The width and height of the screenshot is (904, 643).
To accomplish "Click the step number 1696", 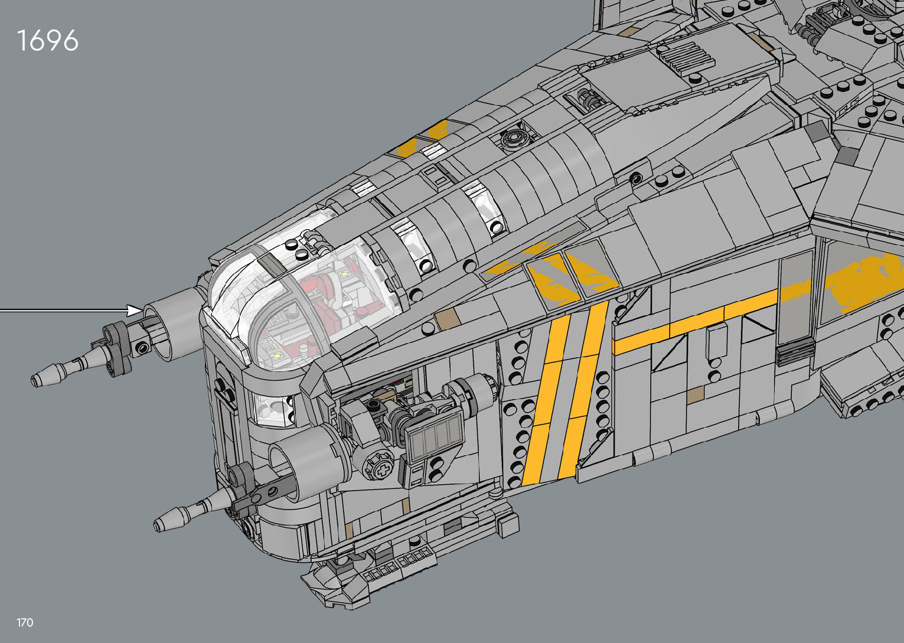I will [x=48, y=41].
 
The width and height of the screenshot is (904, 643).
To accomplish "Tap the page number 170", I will [x=25, y=622].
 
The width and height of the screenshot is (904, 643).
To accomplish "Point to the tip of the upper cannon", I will [x=37, y=380].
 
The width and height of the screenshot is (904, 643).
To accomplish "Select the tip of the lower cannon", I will [x=159, y=524].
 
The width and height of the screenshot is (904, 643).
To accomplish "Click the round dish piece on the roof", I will [x=513, y=140].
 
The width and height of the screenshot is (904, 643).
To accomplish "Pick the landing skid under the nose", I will [x=366, y=576].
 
